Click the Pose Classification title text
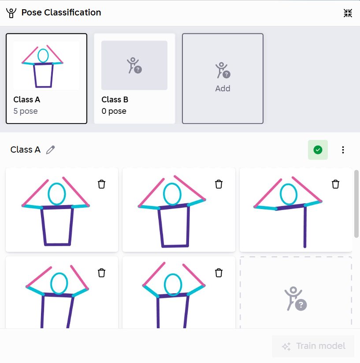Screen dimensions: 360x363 (61, 12)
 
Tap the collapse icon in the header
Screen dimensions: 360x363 (348, 13)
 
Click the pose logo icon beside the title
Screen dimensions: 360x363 (11, 13)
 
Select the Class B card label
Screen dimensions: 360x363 (115, 100)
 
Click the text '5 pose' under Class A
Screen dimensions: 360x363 (26, 111)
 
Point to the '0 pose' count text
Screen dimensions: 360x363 (114, 111)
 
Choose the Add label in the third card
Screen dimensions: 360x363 (223, 89)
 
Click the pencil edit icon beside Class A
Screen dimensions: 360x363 (50, 150)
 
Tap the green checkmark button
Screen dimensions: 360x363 (318, 150)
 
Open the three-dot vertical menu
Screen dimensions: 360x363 (343, 150)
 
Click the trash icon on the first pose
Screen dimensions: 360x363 (101, 184)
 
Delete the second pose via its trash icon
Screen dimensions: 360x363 (219, 184)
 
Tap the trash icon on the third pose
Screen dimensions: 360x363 (335, 184)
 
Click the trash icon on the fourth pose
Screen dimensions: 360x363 (101, 273)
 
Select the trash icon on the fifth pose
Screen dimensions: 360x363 (219, 273)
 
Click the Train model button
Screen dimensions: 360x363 (313, 346)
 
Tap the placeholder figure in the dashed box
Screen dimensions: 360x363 (295, 299)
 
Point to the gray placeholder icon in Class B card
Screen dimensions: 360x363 (134, 66)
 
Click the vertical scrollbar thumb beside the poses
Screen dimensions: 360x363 (356, 204)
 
